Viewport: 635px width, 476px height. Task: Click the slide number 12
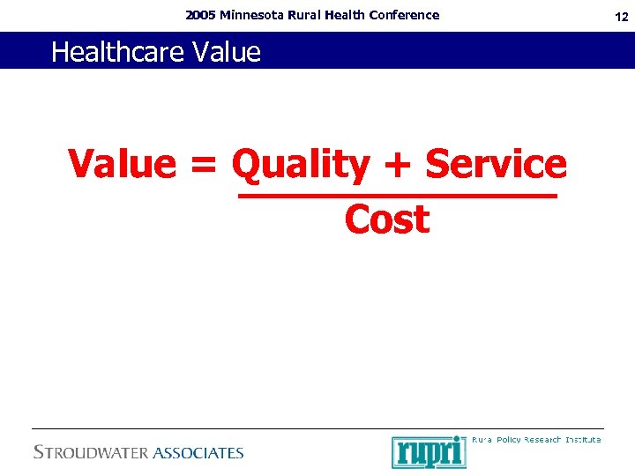(x=622, y=16)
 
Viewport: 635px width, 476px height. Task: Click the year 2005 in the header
(x=201, y=15)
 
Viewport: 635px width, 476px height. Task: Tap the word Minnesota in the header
(x=251, y=15)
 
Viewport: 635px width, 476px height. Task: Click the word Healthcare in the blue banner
(x=117, y=53)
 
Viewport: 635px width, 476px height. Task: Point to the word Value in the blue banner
(x=226, y=52)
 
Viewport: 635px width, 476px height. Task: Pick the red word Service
(x=496, y=164)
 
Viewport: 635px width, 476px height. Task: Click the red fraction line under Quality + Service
(x=397, y=197)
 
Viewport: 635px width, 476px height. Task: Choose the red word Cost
(x=387, y=219)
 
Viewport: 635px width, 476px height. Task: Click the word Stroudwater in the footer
(x=91, y=453)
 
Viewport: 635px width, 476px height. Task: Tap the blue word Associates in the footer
(x=198, y=453)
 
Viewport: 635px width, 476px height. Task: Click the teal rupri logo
(x=429, y=451)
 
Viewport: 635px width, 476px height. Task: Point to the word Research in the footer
(x=542, y=439)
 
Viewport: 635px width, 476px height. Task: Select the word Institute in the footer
(x=583, y=439)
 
